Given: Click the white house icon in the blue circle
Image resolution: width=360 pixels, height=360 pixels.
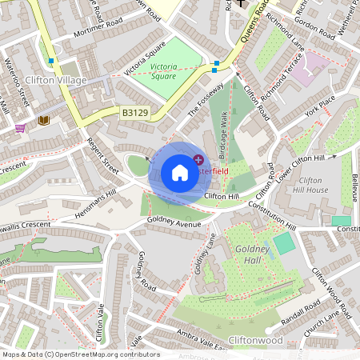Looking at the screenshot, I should tap(180, 173).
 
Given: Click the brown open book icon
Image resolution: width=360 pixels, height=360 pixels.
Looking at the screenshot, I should tap(43, 120).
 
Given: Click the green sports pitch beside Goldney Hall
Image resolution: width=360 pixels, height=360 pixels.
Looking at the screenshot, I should tap(283, 243).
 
